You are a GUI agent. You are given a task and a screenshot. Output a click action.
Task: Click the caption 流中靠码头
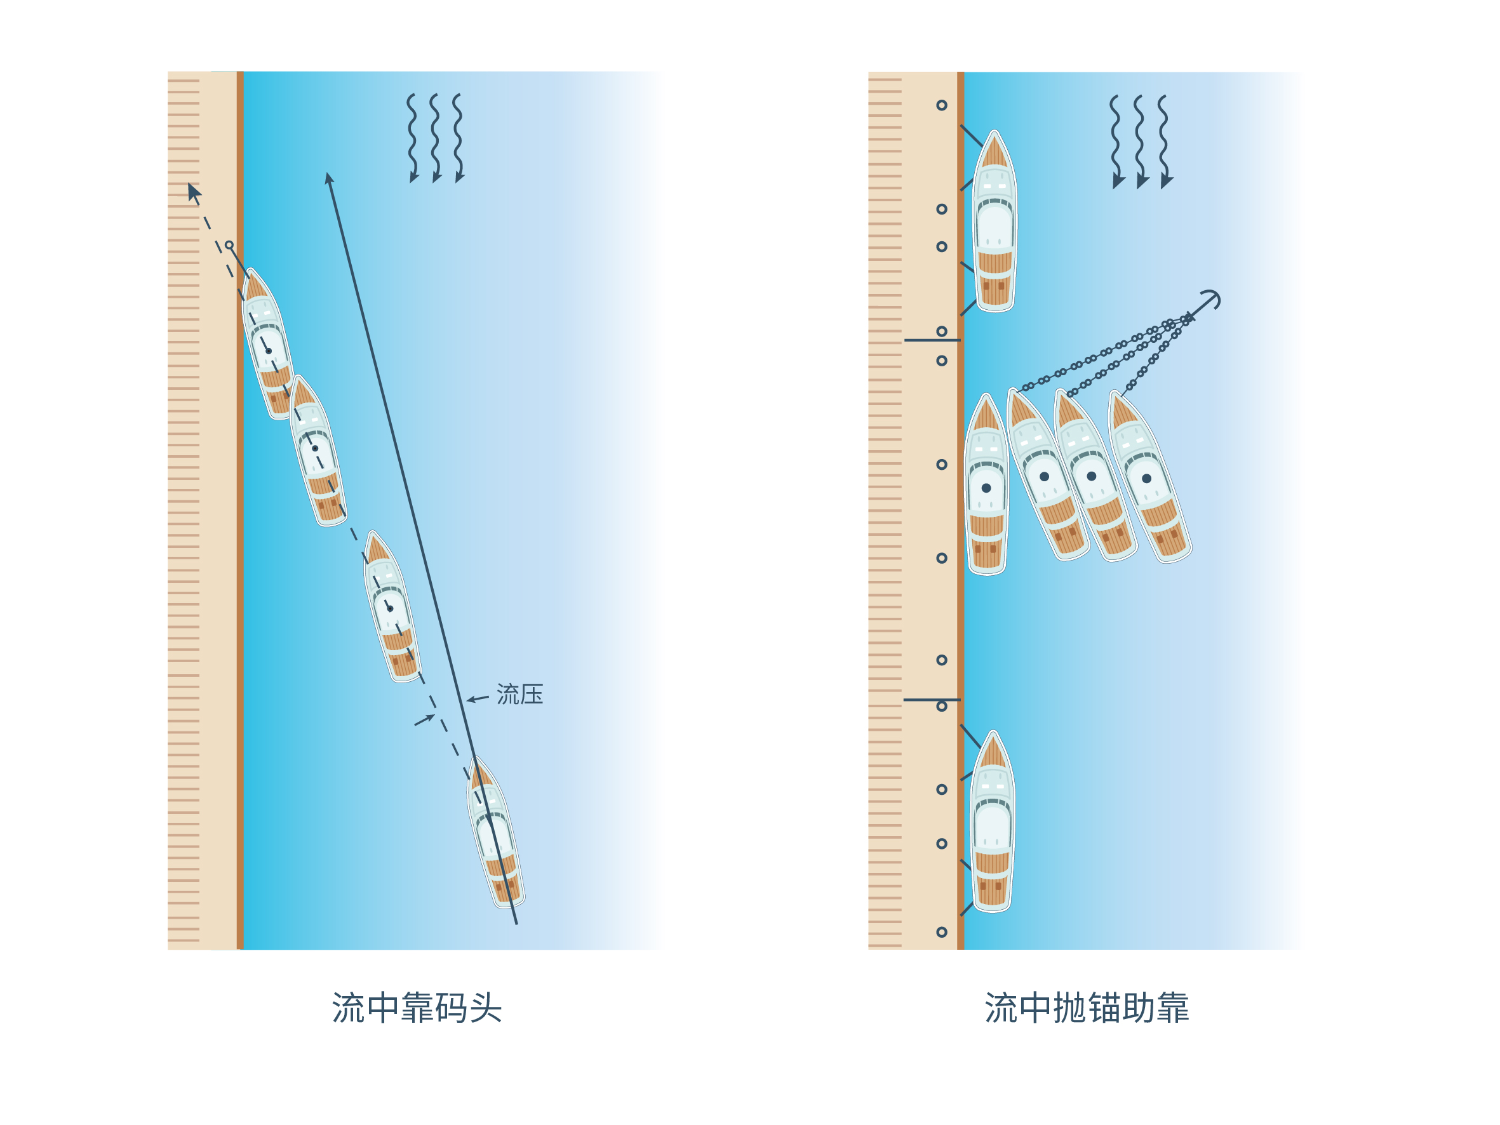click(417, 1008)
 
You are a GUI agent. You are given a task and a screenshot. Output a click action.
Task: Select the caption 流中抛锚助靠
click(1087, 1008)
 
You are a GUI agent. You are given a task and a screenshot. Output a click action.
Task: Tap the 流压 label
click(520, 695)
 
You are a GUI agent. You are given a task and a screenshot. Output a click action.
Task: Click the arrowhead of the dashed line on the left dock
click(194, 192)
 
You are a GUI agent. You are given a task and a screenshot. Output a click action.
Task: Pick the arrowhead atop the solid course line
click(329, 178)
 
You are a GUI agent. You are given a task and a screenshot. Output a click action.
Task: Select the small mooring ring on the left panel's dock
click(229, 245)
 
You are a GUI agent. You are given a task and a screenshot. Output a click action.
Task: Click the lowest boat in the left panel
click(496, 833)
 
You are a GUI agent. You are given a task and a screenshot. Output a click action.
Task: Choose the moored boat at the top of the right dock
click(994, 221)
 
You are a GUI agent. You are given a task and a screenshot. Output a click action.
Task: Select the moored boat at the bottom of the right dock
click(993, 821)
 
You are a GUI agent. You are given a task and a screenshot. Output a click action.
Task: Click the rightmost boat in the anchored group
click(1149, 476)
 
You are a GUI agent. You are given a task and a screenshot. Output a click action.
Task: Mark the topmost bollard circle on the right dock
click(942, 105)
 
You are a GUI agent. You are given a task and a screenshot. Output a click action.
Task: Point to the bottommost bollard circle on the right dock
click(942, 932)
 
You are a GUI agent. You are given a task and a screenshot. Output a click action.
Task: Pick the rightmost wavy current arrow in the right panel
click(1163, 142)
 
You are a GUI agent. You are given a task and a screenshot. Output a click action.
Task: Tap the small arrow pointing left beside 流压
click(478, 698)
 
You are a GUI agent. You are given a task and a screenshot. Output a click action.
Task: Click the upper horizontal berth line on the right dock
click(932, 340)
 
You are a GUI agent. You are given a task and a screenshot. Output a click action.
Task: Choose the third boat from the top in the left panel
click(392, 606)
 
